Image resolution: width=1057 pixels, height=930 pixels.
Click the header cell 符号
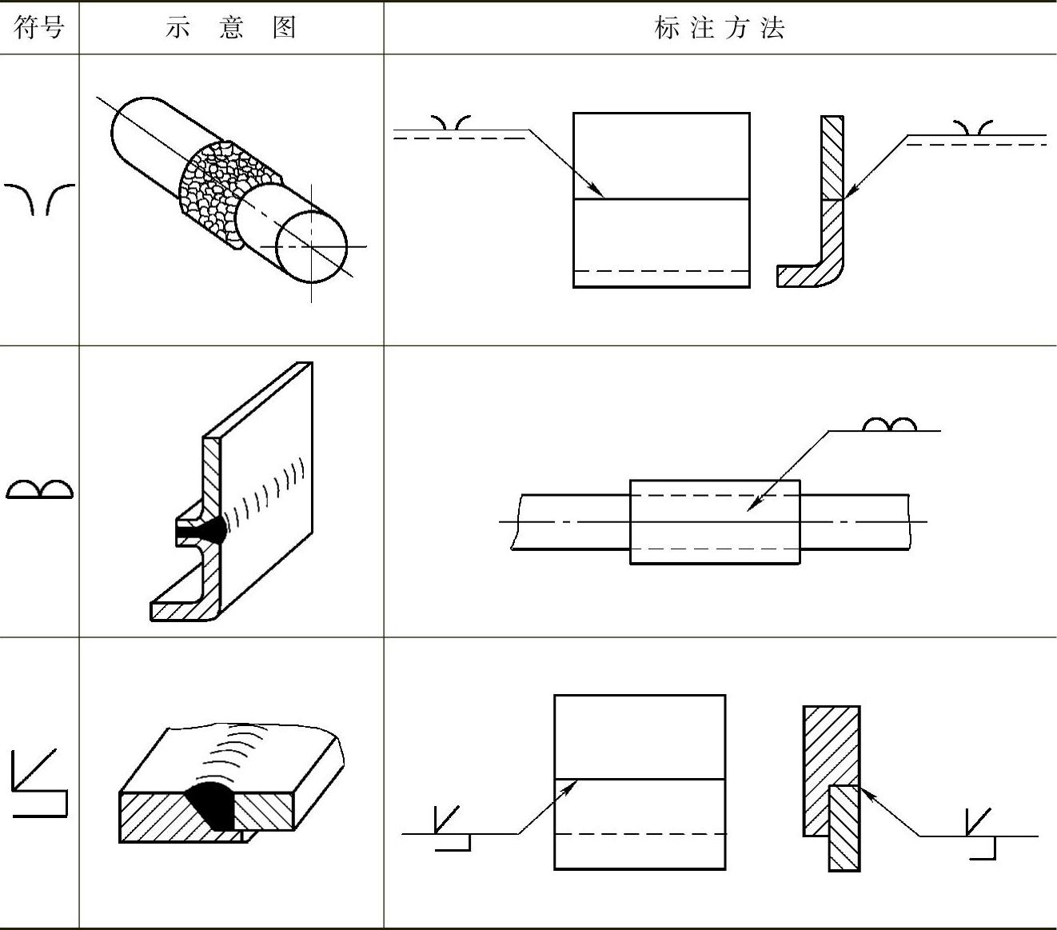coord(38,28)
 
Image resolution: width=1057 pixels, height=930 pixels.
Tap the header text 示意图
coord(230,28)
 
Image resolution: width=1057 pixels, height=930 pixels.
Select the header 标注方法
coord(719,28)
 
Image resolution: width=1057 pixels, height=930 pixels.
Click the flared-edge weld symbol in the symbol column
coord(39,199)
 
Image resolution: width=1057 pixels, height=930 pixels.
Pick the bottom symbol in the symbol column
coord(39,784)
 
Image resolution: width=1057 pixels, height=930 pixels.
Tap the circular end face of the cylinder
coord(311,246)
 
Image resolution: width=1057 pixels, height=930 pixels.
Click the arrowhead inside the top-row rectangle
coord(598,193)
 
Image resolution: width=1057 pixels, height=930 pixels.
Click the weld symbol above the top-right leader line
coord(973,127)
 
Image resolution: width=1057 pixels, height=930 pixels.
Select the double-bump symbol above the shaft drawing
coord(889,424)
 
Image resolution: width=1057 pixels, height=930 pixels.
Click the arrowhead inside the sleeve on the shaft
coord(752,505)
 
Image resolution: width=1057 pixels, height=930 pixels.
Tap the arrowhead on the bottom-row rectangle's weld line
coord(572,786)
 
